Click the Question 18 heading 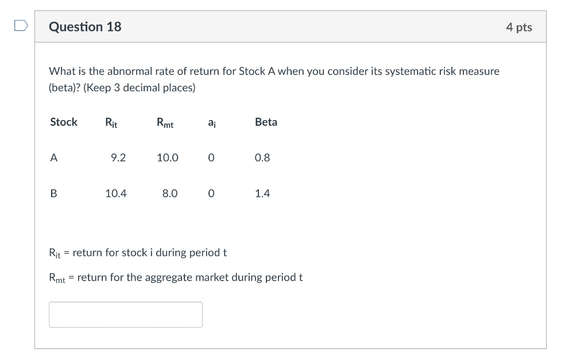click(85, 27)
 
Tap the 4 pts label click(519, 28)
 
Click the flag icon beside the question click(21, 26)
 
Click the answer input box click(125, 315)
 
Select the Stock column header click(64, 122)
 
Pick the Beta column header click(266, 122)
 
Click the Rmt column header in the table click(165, 122)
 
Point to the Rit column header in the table click(111, 122)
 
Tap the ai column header click(211, 122)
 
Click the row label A click(54, 158)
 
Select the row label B click(54, 193)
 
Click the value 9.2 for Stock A click(118, 158)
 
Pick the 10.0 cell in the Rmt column click(167, 158)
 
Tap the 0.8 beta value click(262, 158)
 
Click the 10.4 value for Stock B click(116, 193)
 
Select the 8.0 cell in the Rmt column click(169, 193)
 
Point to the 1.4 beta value click(262, 193)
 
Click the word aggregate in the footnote click(168, 277)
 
